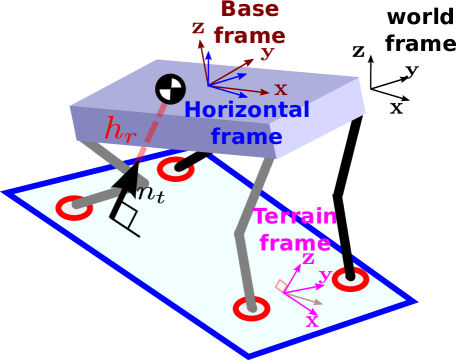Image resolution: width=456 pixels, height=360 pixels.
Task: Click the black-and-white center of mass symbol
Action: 170,89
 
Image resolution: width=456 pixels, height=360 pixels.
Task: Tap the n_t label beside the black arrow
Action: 149,193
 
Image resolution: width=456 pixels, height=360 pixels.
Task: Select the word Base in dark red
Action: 250,10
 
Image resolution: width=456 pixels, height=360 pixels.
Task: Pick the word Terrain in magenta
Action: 295,217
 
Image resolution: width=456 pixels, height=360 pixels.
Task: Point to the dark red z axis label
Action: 198,28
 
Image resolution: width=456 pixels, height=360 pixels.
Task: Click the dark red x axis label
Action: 281,90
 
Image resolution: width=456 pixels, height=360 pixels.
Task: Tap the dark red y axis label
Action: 267,53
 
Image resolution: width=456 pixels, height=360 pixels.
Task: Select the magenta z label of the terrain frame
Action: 308,258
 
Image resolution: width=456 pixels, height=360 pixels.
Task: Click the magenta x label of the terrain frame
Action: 312,320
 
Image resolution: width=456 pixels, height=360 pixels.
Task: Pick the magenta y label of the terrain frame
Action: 325,274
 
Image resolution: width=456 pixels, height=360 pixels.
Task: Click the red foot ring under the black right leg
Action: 350,280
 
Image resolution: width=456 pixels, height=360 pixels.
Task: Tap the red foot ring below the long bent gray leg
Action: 251,308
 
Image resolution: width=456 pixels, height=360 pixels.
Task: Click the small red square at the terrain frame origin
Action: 283,286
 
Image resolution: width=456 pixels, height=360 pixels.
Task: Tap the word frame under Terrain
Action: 294,242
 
